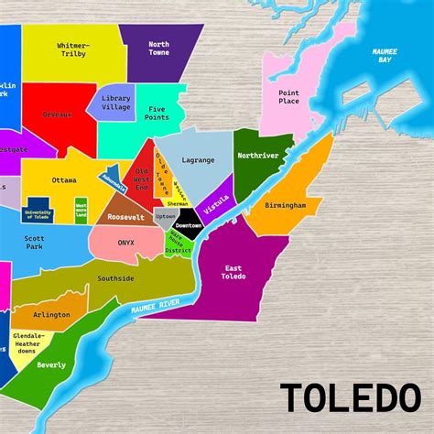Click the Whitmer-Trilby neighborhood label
coord(73,49)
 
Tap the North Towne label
coord(158,48)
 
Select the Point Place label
coord(288,97)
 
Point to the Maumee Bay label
coord(383,56)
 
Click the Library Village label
coord(115,102)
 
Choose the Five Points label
coord(157,112)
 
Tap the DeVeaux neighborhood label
coord(57,115)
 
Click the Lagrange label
coord(198,160)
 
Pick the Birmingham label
coord(286,206)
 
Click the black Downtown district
coord(188,225)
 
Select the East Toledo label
coord(233,272)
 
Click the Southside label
coord(115,277)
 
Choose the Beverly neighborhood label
coord(51,365)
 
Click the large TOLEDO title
coord(345,398)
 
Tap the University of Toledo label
coord(38,214)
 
